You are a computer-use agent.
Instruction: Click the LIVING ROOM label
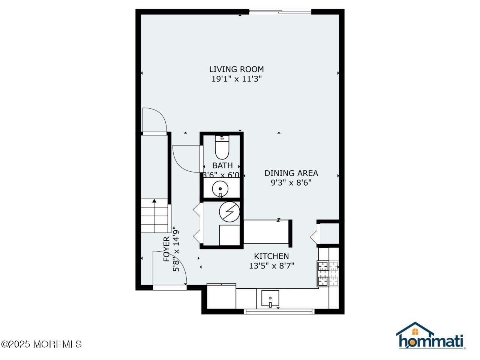(x=236, y=69)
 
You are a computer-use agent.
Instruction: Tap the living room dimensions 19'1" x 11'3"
(x=236, y=79)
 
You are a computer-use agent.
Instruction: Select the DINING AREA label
(x=291, y=173)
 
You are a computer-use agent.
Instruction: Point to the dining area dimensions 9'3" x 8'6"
(x=291, y=183)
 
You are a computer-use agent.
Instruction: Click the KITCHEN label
(x=271, y=256)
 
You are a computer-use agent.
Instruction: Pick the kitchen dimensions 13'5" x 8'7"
(x=271, y=266)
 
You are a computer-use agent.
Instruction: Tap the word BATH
(x=222, y=165)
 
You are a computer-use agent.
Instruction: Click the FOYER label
(x=166, y=249)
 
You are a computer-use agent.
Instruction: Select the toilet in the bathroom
(x=222, y=147)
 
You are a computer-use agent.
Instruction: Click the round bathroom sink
(x=220, y=189)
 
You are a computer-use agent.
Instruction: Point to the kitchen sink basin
(x=270, y=298)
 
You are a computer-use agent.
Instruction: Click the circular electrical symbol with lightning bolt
(x=229, y=211)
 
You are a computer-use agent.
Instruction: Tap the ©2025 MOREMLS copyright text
(x=41, y=344)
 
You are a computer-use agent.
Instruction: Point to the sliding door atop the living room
(x=280, y=12)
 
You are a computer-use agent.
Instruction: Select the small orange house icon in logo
(x=415, y=331)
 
